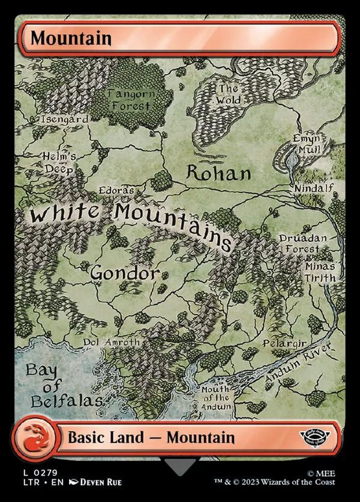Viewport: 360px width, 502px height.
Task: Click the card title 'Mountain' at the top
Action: click(71, 38)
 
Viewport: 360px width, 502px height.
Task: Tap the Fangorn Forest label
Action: click(131, 100)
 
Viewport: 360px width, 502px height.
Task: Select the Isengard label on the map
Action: click(64, 119)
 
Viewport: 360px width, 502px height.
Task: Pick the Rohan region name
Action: click(218, 174)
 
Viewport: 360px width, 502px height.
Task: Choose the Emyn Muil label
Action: click(307, 144)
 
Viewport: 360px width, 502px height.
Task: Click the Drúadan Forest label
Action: click(303, 244)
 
